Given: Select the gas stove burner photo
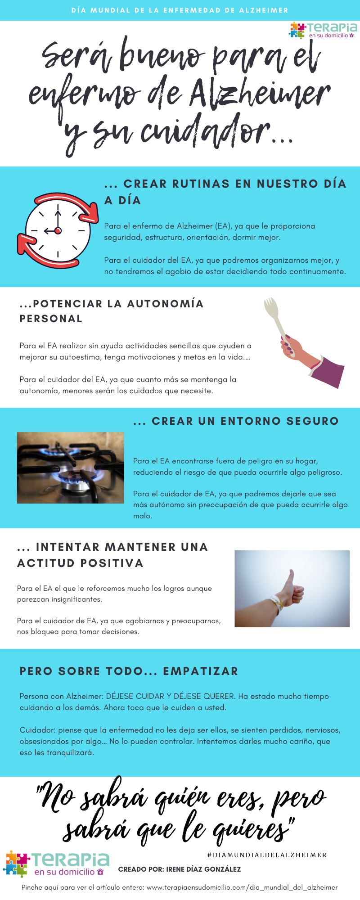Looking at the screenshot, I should (x=70, y=468).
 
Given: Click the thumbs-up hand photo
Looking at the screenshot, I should (x=292, y=588).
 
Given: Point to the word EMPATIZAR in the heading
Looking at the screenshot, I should (x=200, y=671).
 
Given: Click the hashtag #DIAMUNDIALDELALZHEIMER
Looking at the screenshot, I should (x=267, y=855).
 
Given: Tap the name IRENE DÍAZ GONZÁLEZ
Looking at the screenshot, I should (x=203, y=869).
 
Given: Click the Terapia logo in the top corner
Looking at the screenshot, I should (x=324, y=30).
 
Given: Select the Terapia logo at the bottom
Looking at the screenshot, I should (x=56, y=864).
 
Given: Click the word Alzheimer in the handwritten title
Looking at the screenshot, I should (x=260, y=93).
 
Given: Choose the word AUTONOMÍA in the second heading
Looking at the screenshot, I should (x=165, y=304).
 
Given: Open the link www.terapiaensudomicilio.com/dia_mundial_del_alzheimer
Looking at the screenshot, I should (x=242, y=887).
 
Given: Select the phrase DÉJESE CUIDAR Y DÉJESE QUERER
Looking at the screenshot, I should (x=170, y=696).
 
